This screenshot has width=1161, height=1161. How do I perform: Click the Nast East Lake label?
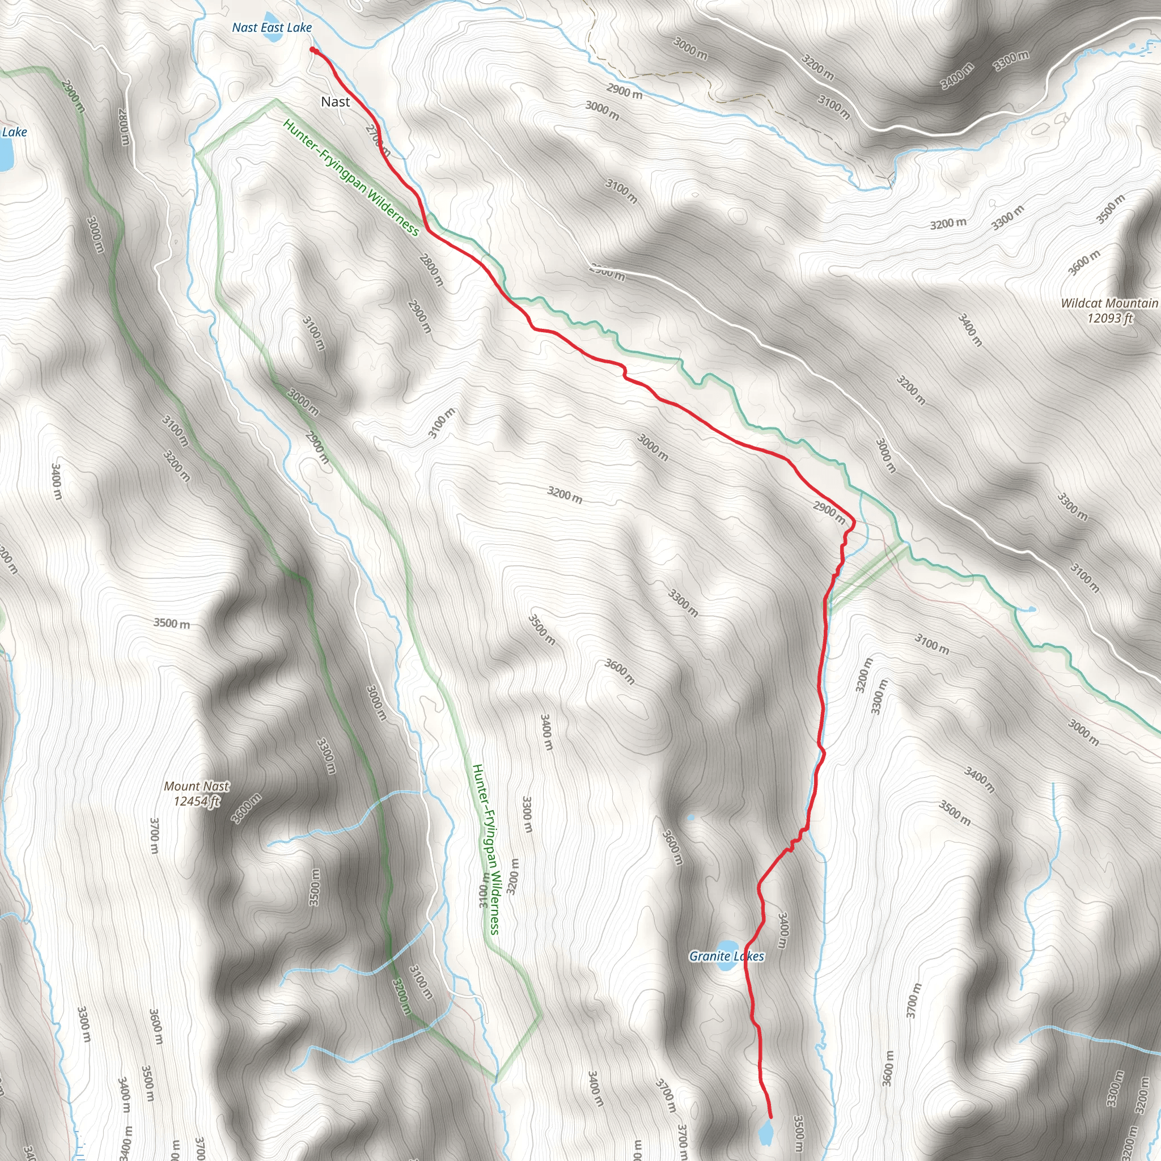pyautogui.click(x=272, y=28)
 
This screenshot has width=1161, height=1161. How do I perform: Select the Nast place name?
pyautogui.click(x=336, y=102)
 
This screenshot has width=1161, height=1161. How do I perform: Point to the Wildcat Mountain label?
pyautogui.click(x=1109, y=303)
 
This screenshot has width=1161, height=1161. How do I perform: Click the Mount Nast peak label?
pyautogui.click(x=197, y=786)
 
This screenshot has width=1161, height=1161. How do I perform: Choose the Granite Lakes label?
pyautogui.click(x=727, y=956)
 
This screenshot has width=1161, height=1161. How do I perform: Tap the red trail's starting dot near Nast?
pyautogui.click(x=312, y=50)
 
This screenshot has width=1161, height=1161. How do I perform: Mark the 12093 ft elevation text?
pyautogui.click(x=1109, y=319)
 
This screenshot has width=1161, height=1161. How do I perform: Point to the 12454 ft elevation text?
pyautogui.click(x=197, y=801)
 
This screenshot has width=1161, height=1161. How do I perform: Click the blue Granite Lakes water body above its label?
pyautogui.click(x=728, y=945)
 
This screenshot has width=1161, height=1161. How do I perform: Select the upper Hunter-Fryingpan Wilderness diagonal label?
pyautogui.click(x=351, y=177)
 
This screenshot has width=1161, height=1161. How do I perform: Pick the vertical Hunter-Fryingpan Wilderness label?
pyautogui.click(x=486, y=849)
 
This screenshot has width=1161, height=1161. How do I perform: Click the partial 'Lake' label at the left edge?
pyautogui.click(x=14, y=132)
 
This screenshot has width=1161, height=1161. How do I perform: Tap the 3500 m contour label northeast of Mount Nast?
pyautogui.click(x=171, y=623)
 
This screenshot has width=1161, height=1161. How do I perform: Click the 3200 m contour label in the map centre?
pyautogui.click(x=564, y=494)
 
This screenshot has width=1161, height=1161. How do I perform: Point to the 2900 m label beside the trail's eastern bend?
pyautogui.click(x=829, y=512)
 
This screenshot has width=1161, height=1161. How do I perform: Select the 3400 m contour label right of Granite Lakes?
pyautogui.click(x=782, y=931)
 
